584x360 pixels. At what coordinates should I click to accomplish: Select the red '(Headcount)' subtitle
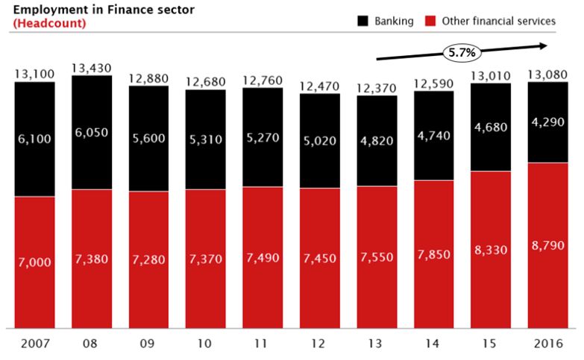(48, 23)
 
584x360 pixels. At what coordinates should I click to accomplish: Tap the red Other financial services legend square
(430, 22)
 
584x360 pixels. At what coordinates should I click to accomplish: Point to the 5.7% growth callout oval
(462, 52)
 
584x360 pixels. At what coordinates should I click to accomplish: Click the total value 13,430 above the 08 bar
(92, 69)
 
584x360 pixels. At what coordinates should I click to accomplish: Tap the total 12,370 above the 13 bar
(376, 89)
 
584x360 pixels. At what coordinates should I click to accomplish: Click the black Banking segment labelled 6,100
(34, 139)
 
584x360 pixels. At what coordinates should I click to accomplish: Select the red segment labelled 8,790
(547, 246)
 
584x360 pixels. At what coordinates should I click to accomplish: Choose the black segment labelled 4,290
(547, 122)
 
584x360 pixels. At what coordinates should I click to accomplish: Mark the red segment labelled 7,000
(34, 262)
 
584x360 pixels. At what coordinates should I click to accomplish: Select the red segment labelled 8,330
(490, 250)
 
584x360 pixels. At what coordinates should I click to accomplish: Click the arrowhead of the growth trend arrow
(547, 45)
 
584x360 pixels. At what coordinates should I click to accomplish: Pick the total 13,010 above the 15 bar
(490, 75)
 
